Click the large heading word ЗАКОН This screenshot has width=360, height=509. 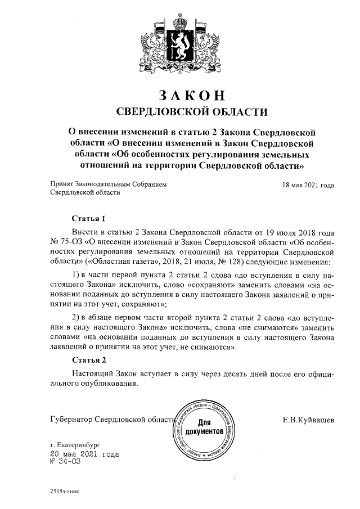tap(180, 93)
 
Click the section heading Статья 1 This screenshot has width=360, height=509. tap(89, 218)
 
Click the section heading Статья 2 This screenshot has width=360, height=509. tap(89, 360)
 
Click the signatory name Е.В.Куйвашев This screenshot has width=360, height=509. tap(308, 420)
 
